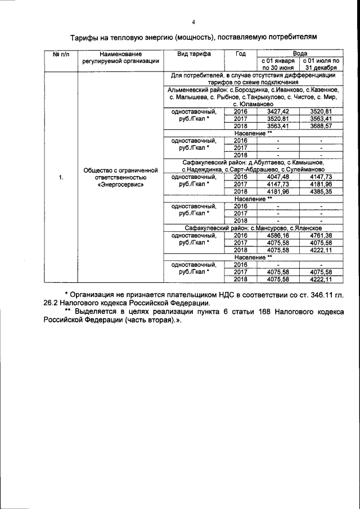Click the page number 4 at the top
pyautogui.click(x=193, y=22)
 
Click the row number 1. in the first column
pyautogui.click(x=60, y=178)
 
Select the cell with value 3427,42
pyautogui.click(x=277, y=112)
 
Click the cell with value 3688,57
pyautogui.click(x=321, y=126)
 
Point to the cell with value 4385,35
pyautogui.click(x=321, y=191)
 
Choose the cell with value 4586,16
pyautogui.click(x=277, y=235)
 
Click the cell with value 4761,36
pyautogui.click(x=321, y=235)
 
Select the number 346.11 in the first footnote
pyautogui.click(x=318, y=294)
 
